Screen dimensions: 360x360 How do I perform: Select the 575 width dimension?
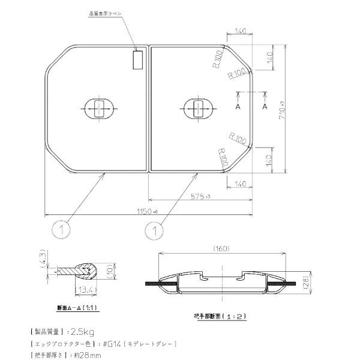[199, 196]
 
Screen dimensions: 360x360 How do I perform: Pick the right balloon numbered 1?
[155, 229]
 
